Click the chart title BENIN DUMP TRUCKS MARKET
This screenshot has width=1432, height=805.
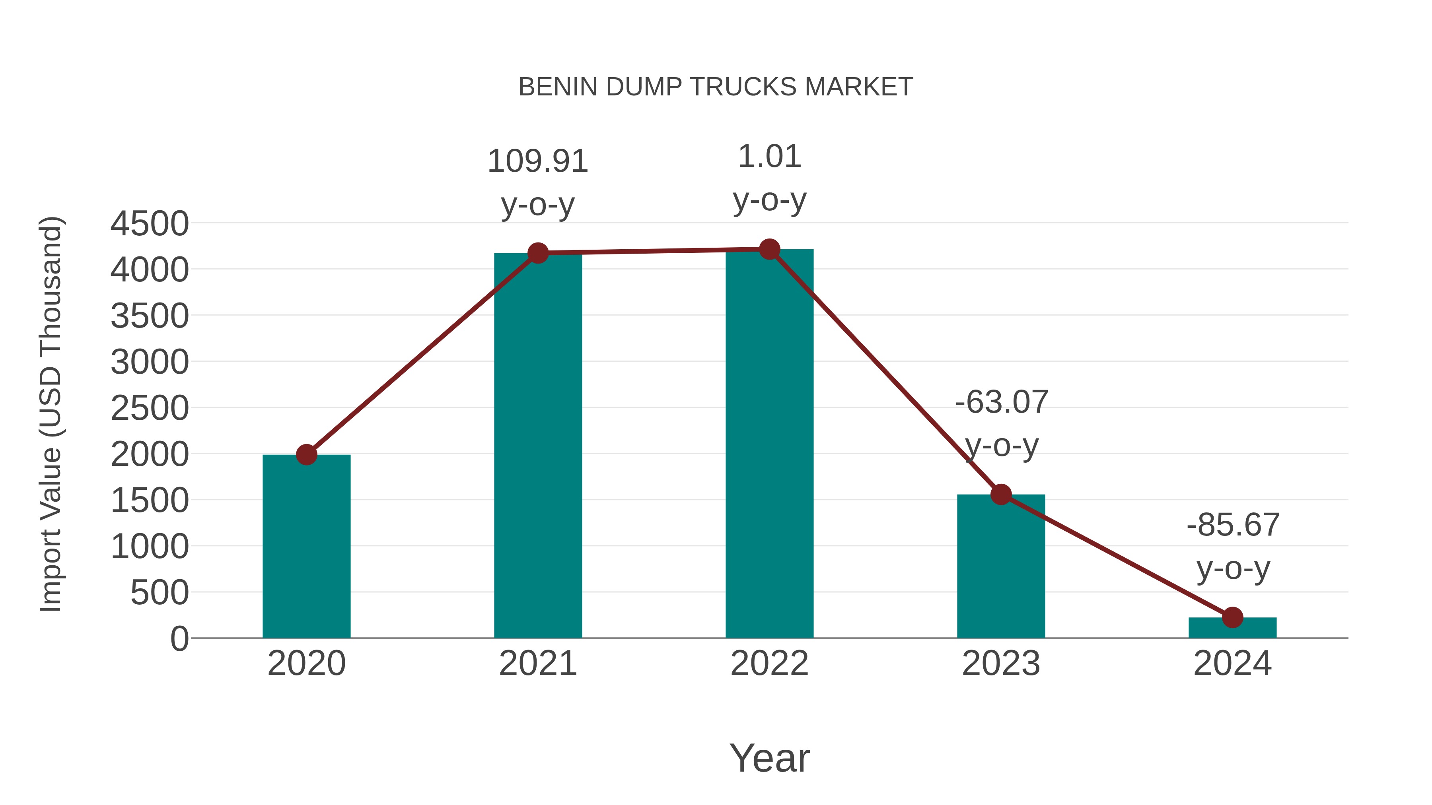716,87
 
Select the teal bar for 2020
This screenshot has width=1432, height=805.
306,550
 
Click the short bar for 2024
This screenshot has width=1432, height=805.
1232,628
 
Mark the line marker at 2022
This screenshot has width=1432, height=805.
769,249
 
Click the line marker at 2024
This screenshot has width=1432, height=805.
1232,617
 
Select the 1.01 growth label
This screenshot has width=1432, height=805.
769,157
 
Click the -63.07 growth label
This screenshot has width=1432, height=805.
1001,402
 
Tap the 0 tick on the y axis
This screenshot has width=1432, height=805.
179,639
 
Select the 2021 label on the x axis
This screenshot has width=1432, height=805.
537,663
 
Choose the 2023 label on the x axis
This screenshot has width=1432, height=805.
1001,663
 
